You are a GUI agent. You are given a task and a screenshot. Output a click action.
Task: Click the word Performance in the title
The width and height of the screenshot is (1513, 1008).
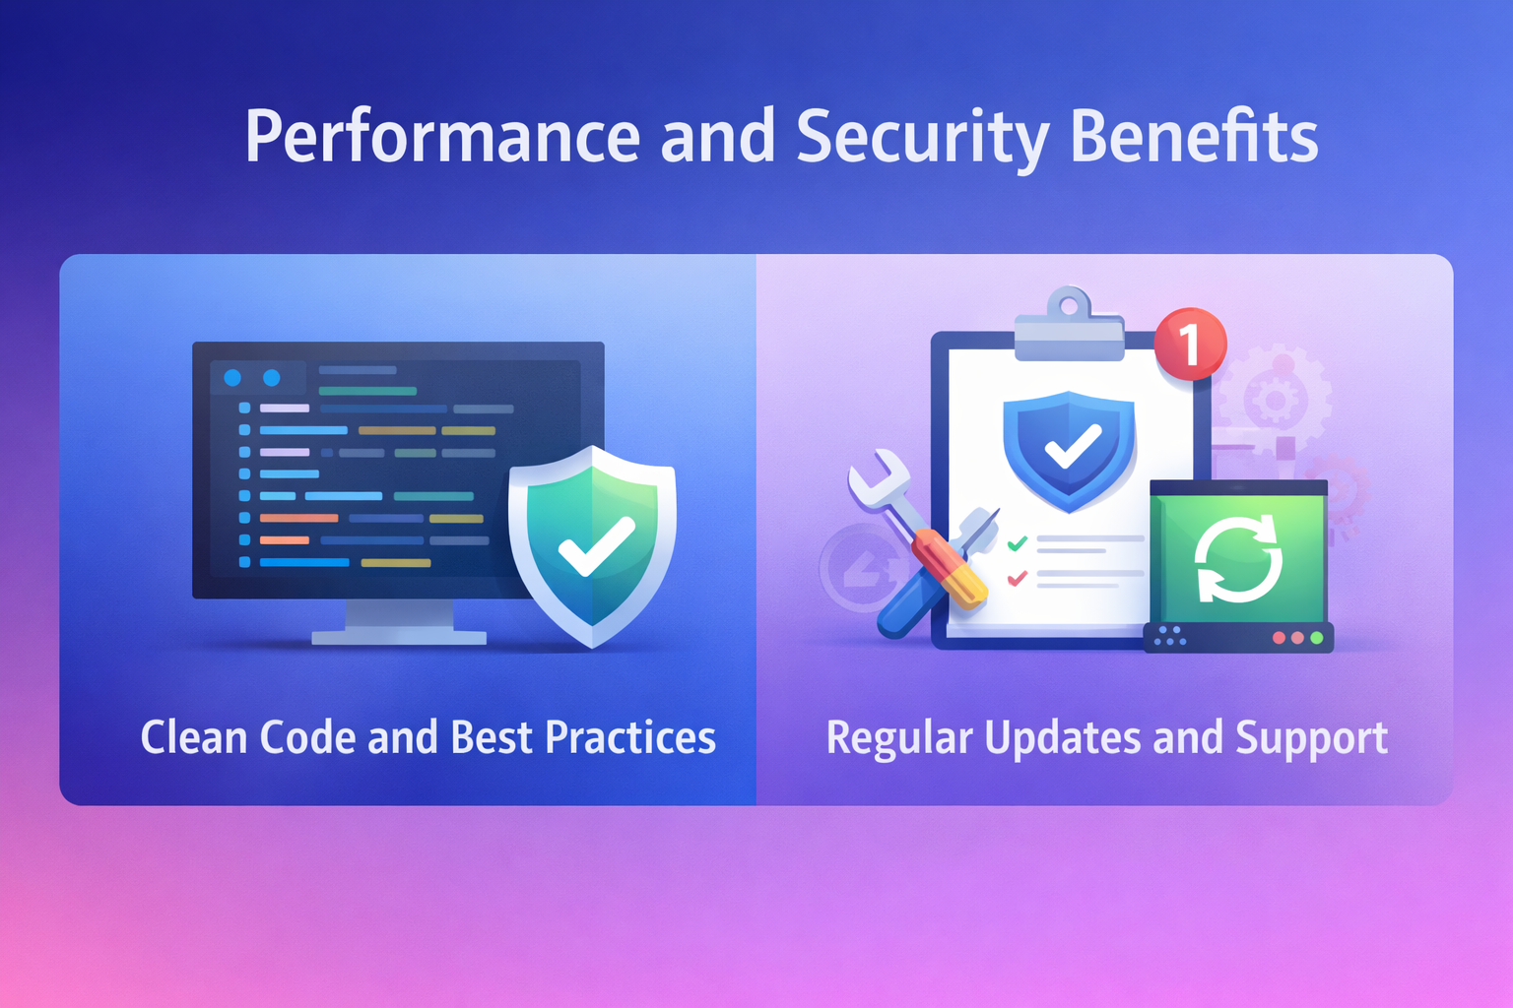[x=442, y=138]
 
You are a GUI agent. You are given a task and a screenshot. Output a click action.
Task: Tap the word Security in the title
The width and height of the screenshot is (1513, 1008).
[x=923, y=139]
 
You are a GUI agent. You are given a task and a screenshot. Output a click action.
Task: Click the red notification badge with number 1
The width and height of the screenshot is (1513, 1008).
[x=1190, y=344]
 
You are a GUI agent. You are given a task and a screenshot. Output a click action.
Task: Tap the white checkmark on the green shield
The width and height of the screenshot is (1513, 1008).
[x=596, y=546]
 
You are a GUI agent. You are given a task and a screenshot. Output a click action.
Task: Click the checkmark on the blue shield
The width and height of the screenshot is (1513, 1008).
[x=1073, y=446]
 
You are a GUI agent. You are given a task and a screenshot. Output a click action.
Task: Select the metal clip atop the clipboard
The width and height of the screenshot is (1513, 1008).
[x=1069, y=324]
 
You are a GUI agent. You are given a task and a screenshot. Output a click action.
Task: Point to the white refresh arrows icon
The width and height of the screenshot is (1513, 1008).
[x=1238, y=559]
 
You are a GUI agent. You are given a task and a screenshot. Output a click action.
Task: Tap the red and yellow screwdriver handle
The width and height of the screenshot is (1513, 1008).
[x=949, y=569]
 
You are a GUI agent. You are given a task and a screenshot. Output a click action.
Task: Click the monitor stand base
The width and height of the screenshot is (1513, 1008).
[x=399, y=637]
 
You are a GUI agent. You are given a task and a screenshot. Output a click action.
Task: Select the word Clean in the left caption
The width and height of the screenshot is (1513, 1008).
[x=193, y=736]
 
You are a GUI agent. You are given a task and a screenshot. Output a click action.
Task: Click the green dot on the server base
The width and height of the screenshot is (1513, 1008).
[x=1316, y=638]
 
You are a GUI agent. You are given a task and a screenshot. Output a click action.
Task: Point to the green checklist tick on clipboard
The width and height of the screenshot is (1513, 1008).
[x=1018, y=542]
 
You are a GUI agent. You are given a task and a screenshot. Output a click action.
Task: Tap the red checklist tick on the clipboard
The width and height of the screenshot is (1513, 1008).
[x=1018, y=578]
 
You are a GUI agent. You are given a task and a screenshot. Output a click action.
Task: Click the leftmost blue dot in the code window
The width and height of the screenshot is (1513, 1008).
[x=232, y=377]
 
